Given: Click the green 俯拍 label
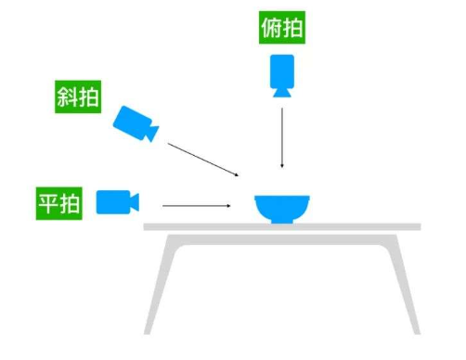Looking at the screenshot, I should click(281, 28).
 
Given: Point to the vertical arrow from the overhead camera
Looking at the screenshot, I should click(282, 135).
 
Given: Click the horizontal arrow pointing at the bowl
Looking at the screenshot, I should click(195, 204).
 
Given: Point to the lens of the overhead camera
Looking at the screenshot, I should click(281, 91).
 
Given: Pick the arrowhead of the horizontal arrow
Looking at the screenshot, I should click(228, 204).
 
